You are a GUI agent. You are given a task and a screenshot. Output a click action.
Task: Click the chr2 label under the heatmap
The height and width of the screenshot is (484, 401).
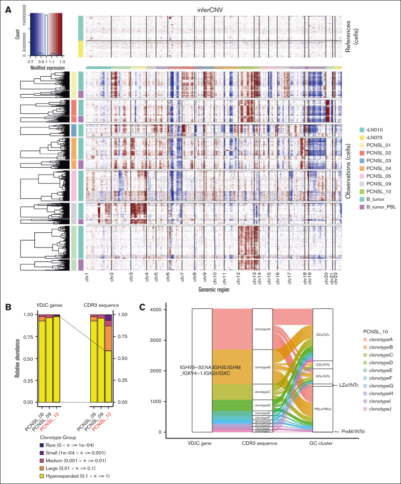(112, 278)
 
